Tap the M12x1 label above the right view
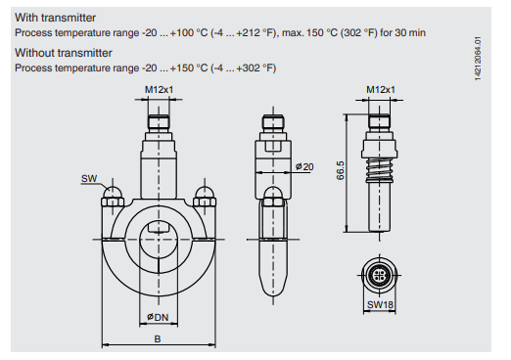pos(381,91)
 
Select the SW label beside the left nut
pos(88,180)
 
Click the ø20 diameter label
pos(305,167)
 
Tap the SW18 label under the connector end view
pos(381,305)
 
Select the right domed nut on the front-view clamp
pos(204,192)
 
